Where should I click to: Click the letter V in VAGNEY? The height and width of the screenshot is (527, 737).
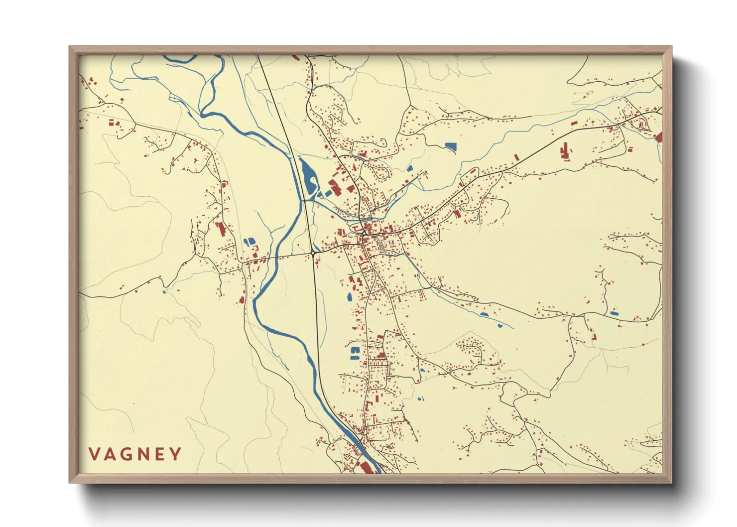tap(95, 454)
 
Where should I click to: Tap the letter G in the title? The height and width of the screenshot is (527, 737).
tap(127, 454)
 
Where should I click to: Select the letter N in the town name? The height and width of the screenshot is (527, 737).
tap(144, 454)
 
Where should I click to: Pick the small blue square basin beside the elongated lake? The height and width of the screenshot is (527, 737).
tap(328, 193)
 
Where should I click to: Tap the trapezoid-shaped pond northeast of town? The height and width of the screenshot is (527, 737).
tap(450, 146)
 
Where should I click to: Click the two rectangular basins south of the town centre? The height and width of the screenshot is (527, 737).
tap(355, 353)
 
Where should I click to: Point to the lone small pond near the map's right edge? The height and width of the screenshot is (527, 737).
tap(614, 313)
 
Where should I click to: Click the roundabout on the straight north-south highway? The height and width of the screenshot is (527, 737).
tap(313, 254)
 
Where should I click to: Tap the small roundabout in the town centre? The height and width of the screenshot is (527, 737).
tap(365, 233)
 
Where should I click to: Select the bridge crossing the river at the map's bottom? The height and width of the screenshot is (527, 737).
tap(358, 442)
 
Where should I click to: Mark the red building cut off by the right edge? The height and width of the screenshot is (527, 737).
tap(659, 137)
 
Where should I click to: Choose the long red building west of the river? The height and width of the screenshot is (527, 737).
tap(221, 229)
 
